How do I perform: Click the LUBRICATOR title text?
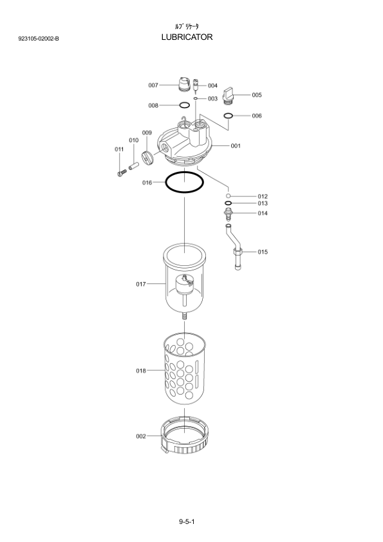click(187, 37)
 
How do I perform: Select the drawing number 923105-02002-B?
click(39, 39)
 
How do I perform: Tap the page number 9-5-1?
click(187, 521)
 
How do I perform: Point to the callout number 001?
click(236, 146)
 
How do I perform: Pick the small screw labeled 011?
click(122, 172)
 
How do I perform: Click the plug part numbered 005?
click(229, 96)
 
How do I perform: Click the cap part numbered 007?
click(184, 85)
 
